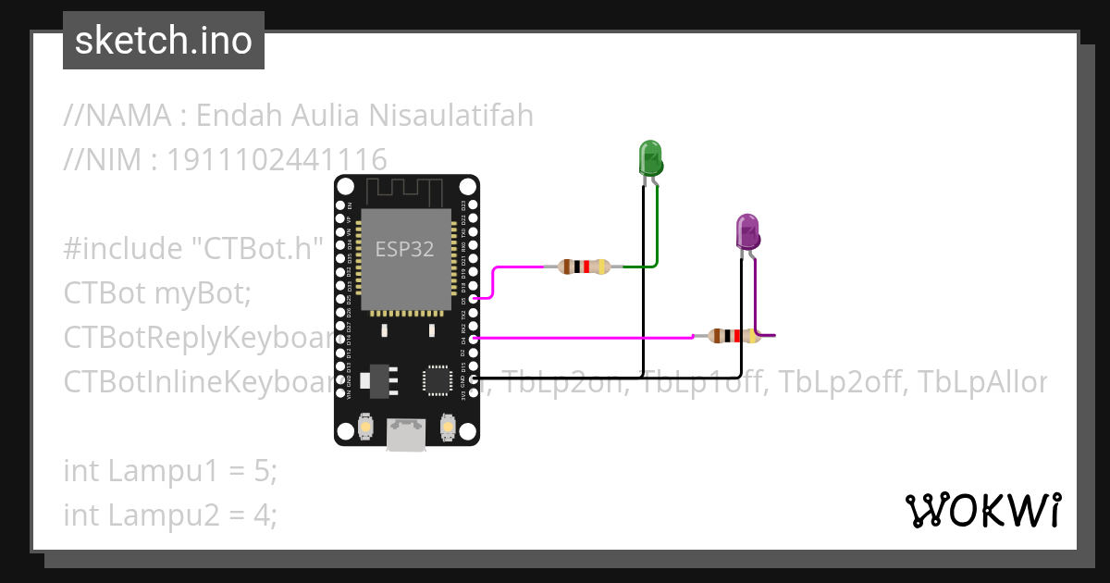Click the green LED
coord(651,158)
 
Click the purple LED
coord(747,231)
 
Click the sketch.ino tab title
coord(164,41)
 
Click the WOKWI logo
coord(982,510)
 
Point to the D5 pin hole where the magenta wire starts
coord(474,299)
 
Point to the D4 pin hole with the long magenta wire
coord(474,339)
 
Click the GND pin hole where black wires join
coord(474,378)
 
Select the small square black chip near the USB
coord(436,380)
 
